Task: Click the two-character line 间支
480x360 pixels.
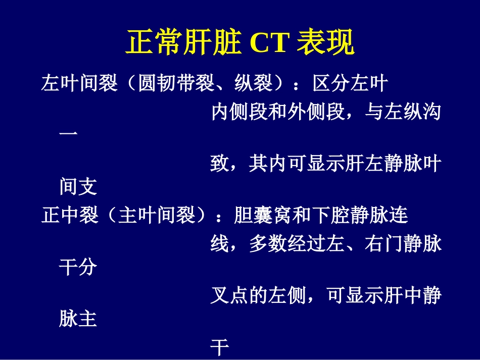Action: [78, 187]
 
